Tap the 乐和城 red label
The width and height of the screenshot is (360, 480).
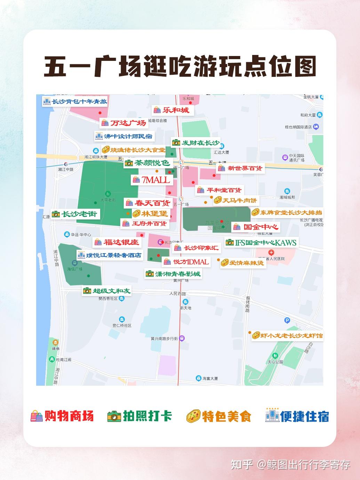pos(172,110)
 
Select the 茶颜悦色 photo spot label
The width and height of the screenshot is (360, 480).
pos(147,163)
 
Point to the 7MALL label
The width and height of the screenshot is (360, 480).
pos(152,180)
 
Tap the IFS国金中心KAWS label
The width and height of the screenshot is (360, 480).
pos(261,242)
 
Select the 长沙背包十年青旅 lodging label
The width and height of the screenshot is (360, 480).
pos(75,102)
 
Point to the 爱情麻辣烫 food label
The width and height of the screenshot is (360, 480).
pos(242,263)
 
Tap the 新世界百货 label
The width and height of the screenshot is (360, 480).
pos(240,168)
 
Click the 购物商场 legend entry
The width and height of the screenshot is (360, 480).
pos(63,416)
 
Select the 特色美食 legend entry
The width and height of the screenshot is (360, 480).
pos(219,416)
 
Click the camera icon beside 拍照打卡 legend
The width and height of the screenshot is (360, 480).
pos(114,416)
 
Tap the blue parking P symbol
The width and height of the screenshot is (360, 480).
pos(287,321)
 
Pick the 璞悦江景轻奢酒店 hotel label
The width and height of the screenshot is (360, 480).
pos(110,255)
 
